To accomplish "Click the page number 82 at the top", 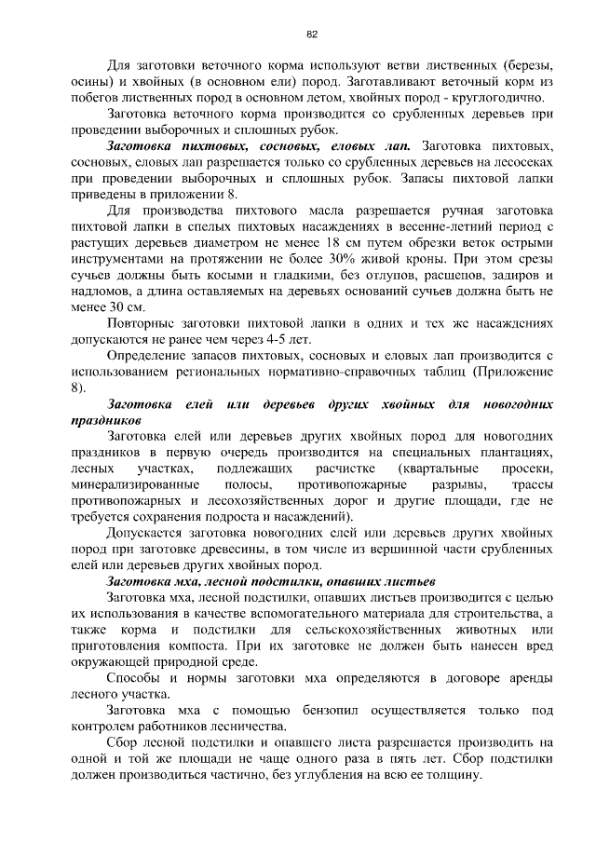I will tap(312, 34).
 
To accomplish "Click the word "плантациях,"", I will tap(513, 454).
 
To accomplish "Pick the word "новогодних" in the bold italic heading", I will tap(517, 405).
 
